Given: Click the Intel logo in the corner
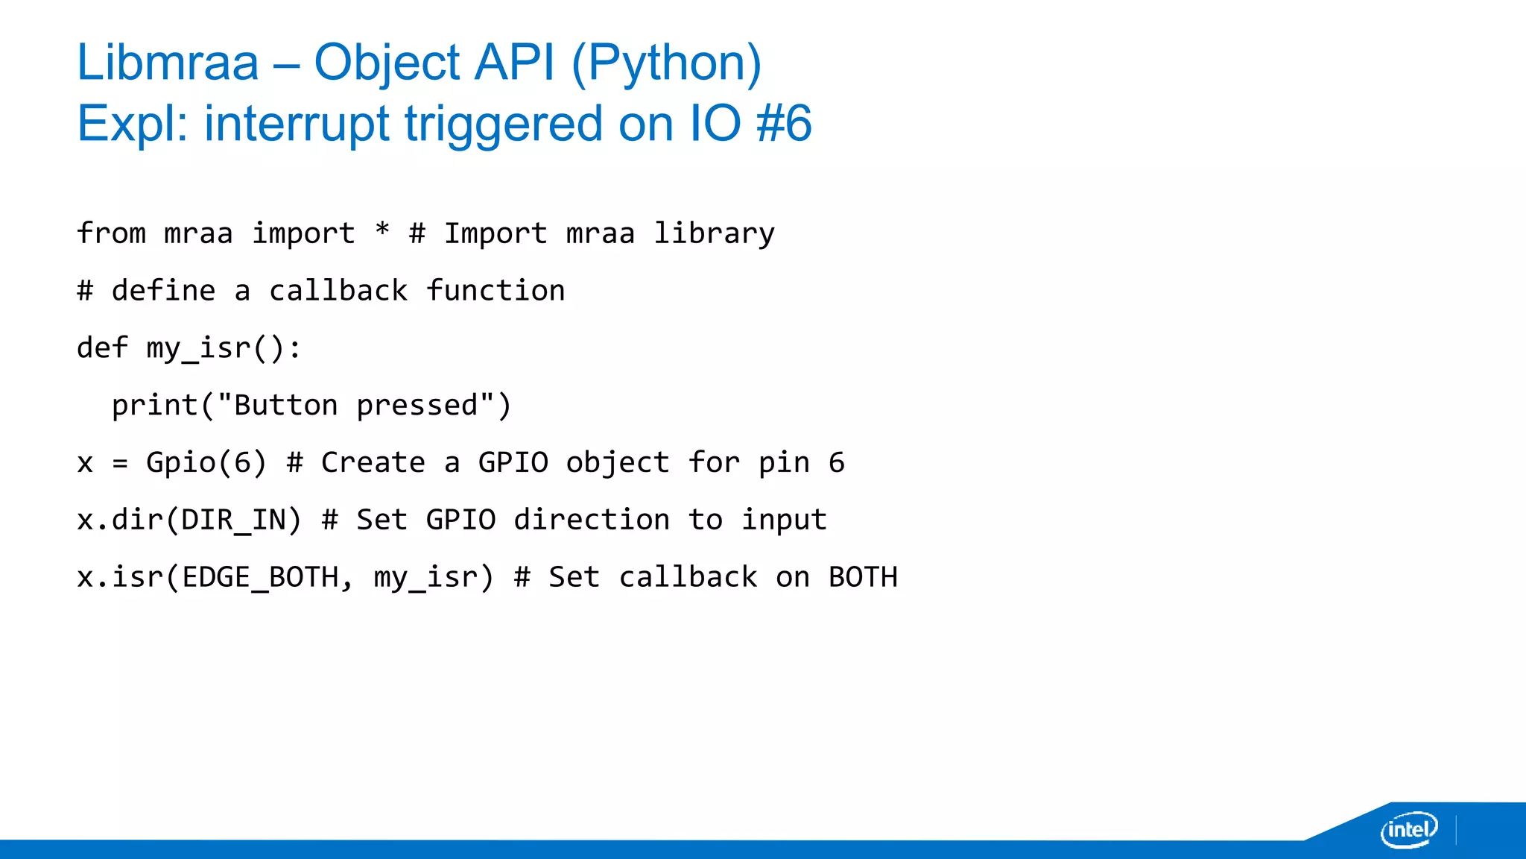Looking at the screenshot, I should coord(1408,829).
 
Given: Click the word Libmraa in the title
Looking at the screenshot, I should coord(168,63).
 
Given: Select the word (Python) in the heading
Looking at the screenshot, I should coord(666,63).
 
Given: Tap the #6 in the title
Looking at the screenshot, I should coord(783,124).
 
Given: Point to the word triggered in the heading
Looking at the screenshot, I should coord(504,124).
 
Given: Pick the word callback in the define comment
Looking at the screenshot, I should coord(338,291).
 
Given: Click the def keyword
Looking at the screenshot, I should coord(103,347).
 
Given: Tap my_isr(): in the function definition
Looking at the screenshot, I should coord(224,348).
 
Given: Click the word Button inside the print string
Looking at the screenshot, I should coord(286,406).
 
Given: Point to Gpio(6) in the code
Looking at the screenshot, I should coord(206,463).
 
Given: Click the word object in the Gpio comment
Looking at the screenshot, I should coord(618,463).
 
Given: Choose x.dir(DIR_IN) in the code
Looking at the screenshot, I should coord(189,520).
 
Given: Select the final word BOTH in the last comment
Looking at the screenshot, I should coord(863,577).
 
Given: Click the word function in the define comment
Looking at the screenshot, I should coord(496,291).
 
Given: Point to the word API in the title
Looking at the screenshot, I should coord(515,63).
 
